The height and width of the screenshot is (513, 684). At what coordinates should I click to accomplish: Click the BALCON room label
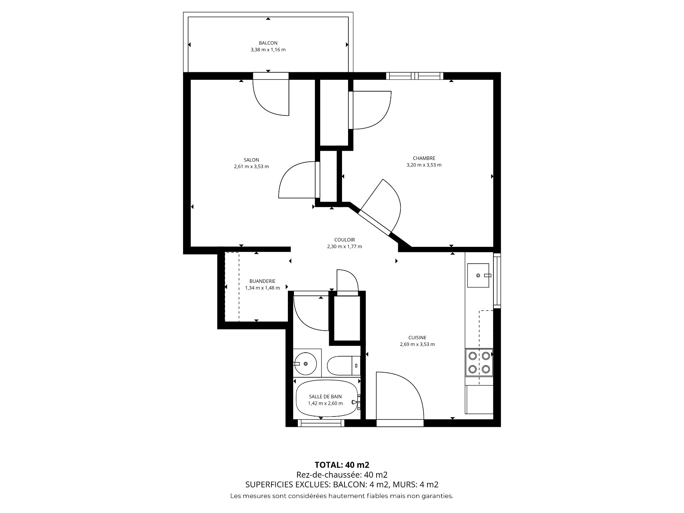(268, 43)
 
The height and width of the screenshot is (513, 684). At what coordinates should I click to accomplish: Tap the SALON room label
(251, 160)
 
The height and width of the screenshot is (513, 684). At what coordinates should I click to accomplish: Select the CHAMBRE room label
(424, 158)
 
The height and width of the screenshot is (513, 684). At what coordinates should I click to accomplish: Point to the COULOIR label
(344, 240)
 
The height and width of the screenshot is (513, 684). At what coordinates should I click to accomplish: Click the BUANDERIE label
(262, 281)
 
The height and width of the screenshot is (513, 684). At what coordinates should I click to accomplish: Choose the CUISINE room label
(417, 337)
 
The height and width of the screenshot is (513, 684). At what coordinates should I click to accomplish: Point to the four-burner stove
(479, 362)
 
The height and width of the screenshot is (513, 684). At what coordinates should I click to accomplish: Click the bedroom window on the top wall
(415, 76)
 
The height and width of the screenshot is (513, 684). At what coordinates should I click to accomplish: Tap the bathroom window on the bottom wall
(321, 423)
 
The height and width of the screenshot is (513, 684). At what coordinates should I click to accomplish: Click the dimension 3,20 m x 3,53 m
(424, 165)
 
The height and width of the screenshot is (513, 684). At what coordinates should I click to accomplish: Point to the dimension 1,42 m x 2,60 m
(325, 403)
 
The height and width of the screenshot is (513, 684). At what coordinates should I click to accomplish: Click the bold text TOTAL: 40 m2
(342, 465)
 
